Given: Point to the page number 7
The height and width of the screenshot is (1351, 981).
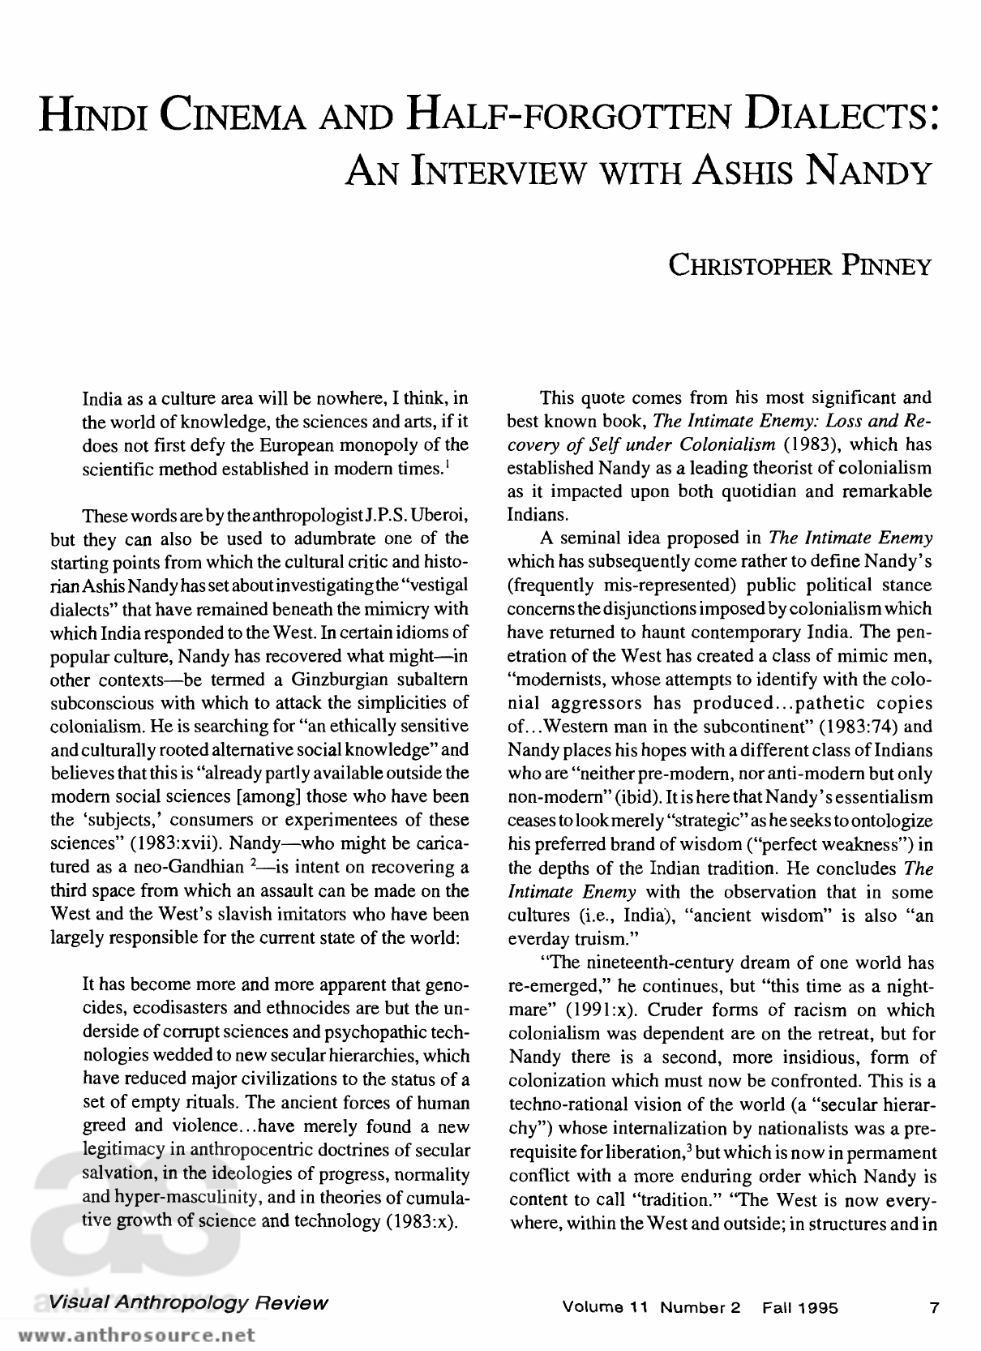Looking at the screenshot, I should coord(934,1307).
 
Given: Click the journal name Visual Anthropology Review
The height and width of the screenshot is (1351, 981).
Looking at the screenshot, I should coord(188,1303).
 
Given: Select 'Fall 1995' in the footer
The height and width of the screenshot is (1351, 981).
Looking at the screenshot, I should coord(799,1307).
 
